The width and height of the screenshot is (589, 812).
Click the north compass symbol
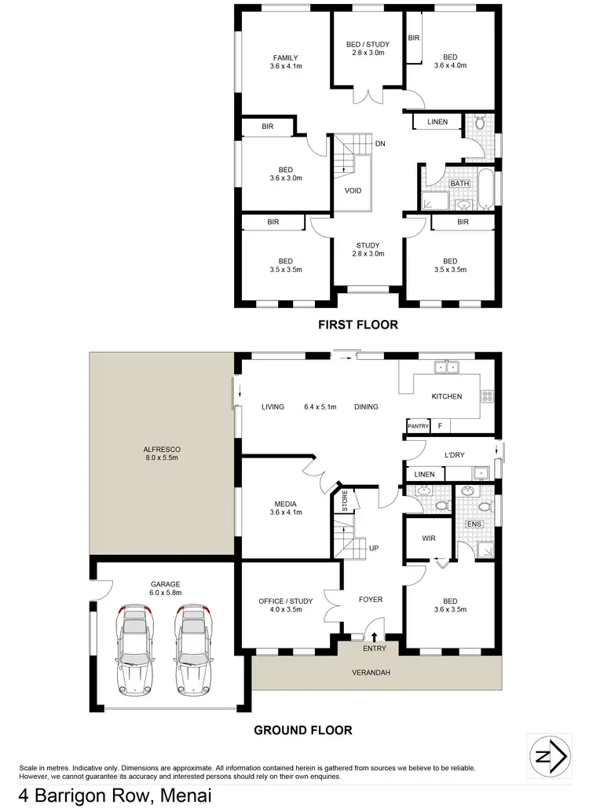coord(551,757)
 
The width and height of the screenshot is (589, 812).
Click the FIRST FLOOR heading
coord(357,324)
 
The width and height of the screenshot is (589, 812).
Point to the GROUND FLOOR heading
coord(302,730)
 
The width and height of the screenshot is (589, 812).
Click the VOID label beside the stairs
coord(353,190)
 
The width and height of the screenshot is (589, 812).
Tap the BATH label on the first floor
coord(459,184)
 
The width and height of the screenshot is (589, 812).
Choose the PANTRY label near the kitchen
coord(418,426)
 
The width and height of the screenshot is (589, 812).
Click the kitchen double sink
coord(448,366)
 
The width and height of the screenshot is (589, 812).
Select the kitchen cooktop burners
coord(487,397)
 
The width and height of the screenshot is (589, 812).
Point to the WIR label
coord(428,538)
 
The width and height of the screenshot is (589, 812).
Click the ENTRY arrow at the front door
coord(374,637)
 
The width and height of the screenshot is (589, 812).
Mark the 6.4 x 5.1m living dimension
coord(320,406)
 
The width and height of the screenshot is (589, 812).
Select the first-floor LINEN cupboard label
coord(437,122)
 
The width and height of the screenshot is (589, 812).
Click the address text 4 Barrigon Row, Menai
coord(109,796)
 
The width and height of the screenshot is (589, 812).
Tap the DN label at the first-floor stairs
coord(380,144)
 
